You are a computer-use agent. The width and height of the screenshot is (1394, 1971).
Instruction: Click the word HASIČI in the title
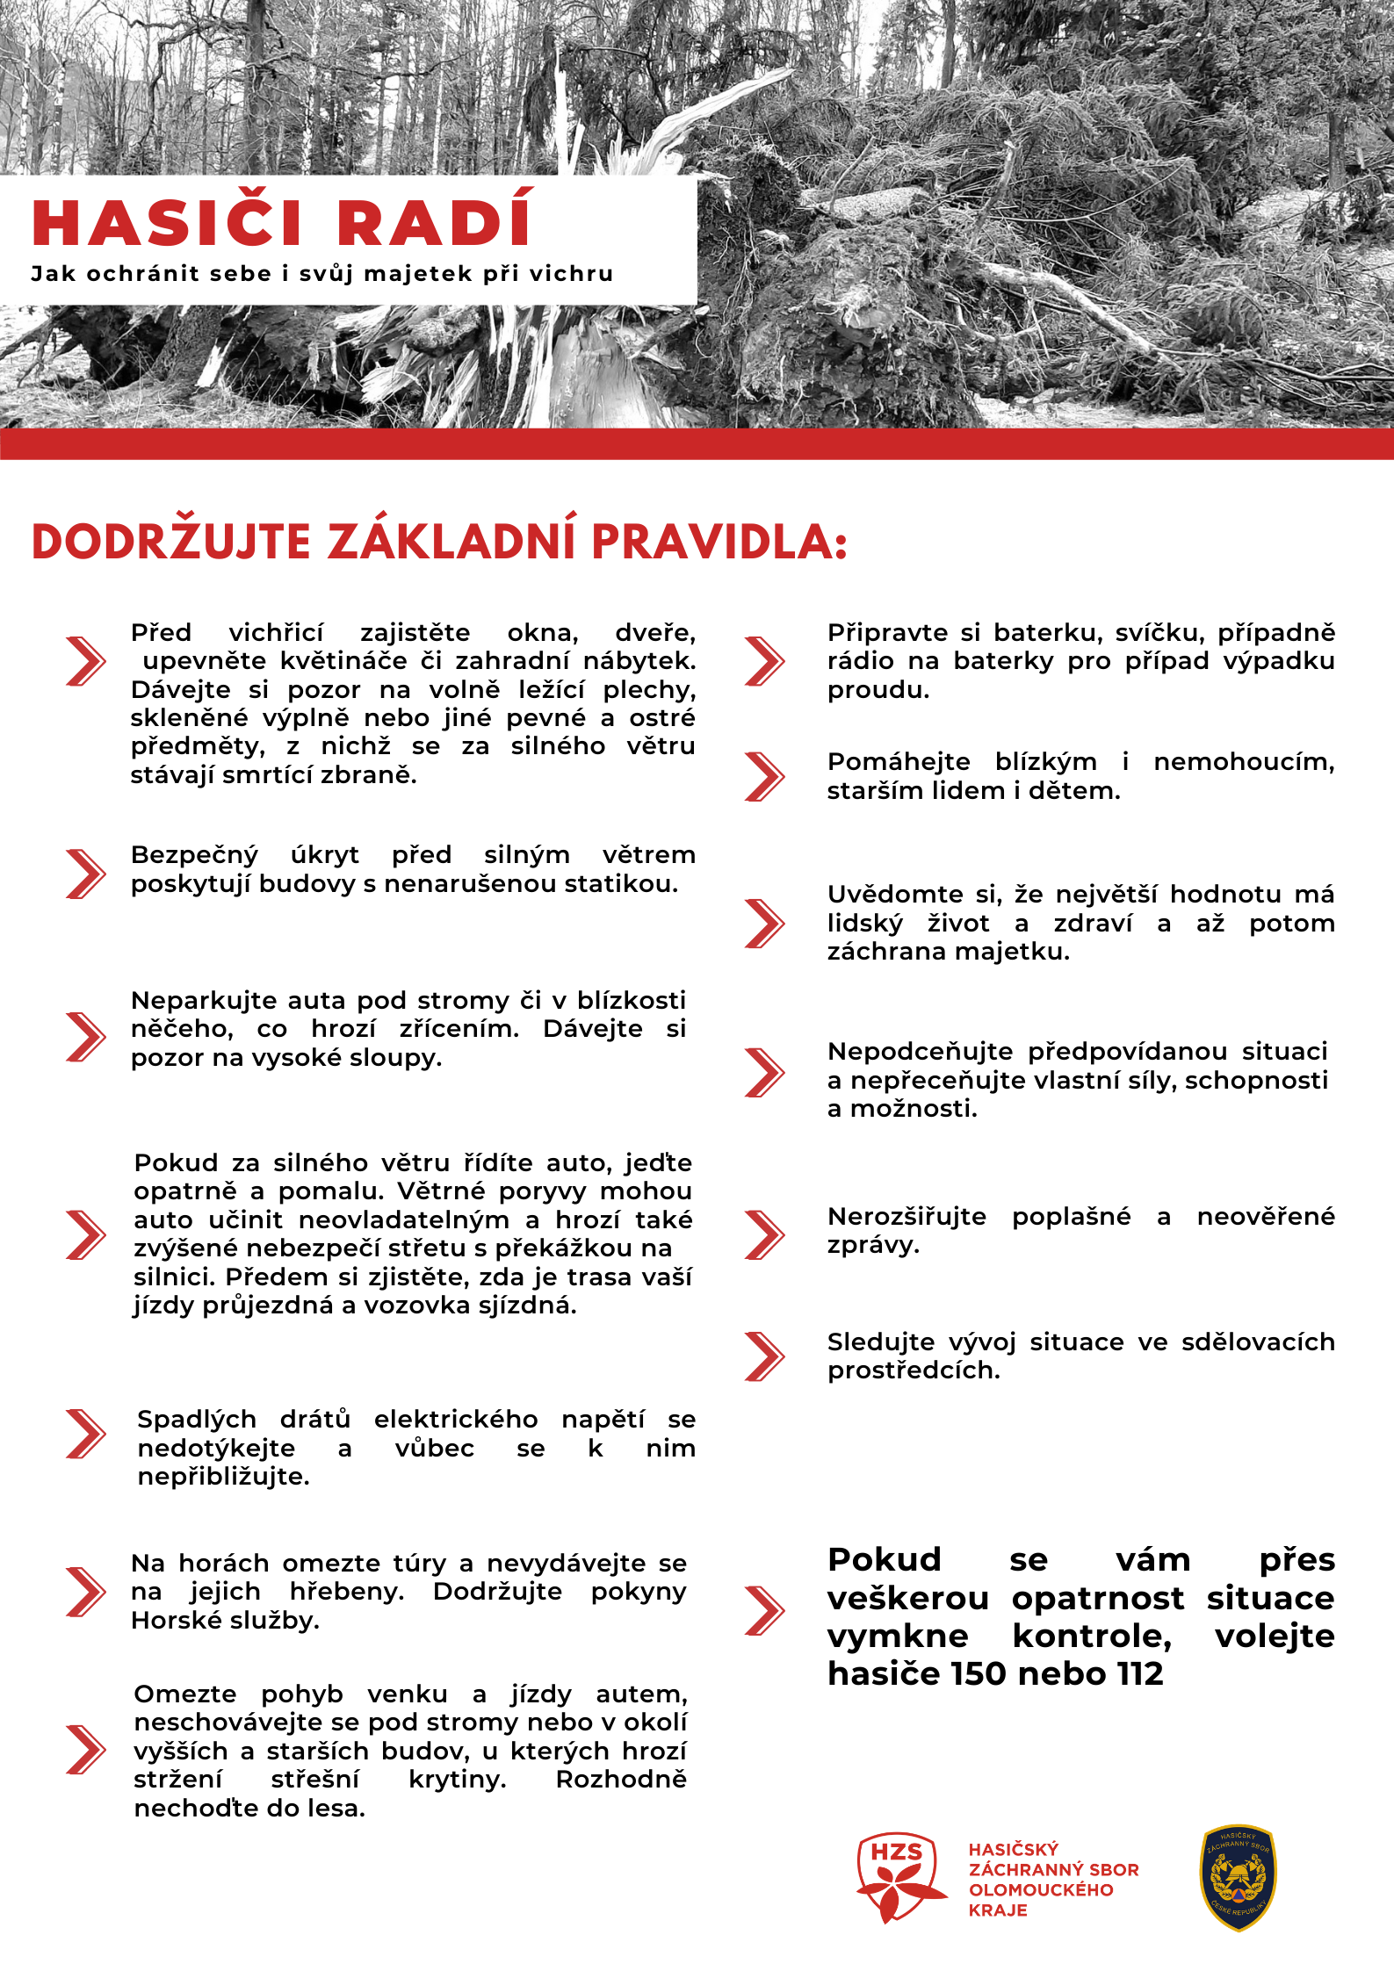pyautogui.click(x=168, y=223)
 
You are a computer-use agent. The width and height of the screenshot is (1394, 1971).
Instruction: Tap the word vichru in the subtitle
pyautogui.click(x=571, y=274)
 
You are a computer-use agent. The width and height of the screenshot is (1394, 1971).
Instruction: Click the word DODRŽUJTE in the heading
pyautogui.click(x=171, y=542)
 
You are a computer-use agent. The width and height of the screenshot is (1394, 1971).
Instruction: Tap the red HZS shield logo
pyautogui.click(x=898, y=1876)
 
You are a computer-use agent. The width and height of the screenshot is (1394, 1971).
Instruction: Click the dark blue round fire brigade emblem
pyautogui.click(x=1238, y=1877)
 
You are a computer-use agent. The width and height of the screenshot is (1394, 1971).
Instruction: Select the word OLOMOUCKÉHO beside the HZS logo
pyautogui.click(x=1041, y=1889)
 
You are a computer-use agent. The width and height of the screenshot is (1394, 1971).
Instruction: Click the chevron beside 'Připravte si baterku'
pyautogui.click(x=764, y=661)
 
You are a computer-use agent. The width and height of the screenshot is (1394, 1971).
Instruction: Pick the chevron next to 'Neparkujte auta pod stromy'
pyautogui.click(x=85, y=1037)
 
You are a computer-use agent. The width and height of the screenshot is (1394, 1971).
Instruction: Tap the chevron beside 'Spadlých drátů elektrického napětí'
pyautogui.click(x=85, y=1434)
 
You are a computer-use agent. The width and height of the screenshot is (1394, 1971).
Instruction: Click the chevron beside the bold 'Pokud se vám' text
pyautogui.click(x=764, y=1610)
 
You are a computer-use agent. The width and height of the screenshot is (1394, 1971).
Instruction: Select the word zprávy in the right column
pyautogui.click(x=872, y=1245)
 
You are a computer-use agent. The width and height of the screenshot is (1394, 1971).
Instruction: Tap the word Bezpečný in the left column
pyautogui.click(x=194, y=855)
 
